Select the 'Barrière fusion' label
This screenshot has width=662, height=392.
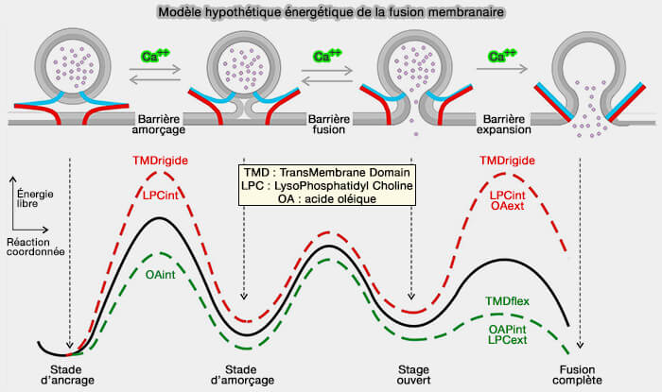pyautogui.click(x=329, y=123)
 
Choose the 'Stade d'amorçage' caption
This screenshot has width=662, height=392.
pyautogui.click(x=243, y=375)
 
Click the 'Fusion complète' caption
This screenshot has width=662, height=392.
pyautogui.click(x=580, y=375)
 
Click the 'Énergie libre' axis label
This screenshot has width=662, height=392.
pyautogui.click(x=34, y=196)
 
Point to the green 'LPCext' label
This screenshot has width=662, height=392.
pyautogui.click(x=508, y=339)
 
